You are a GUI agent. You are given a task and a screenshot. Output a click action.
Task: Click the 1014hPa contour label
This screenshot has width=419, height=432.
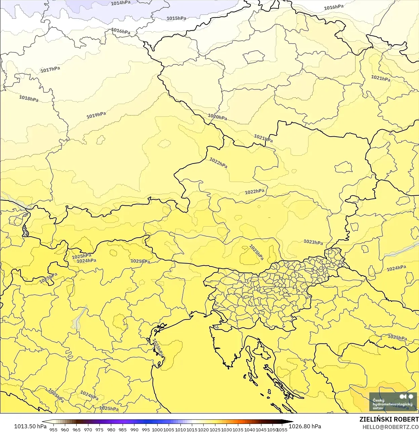(121, 3)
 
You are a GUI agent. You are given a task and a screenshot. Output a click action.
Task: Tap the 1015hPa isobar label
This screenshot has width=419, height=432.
(176, 18)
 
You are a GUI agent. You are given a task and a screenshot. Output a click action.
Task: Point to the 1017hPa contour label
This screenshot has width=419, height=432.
(50, 69)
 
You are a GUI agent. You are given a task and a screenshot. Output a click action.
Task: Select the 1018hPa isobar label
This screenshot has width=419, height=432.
(29, 99)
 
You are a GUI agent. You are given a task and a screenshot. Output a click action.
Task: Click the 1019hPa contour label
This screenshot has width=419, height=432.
(96, 115)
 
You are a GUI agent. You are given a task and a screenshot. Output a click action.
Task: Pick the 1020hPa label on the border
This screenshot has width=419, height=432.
(217, 117)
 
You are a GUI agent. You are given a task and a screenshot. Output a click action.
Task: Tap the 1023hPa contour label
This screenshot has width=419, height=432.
(313, 242)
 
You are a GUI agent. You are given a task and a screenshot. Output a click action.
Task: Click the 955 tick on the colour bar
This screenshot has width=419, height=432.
(53, 429)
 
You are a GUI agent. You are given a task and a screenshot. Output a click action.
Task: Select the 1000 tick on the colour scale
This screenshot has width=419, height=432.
(157, 429)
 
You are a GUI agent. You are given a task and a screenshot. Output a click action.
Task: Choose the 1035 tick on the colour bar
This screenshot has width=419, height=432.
(238, 429)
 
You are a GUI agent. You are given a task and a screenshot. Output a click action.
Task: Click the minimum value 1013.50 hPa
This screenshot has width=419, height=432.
(30, 426)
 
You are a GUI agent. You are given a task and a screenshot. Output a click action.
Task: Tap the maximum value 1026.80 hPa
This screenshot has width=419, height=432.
(305, 426)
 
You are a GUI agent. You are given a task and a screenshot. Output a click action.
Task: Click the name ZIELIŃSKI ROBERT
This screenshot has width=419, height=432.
(389, 419)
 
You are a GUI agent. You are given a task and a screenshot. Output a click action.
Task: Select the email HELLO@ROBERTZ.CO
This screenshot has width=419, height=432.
(390, 427)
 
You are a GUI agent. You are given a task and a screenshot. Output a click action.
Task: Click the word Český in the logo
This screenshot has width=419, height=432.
(378, 400)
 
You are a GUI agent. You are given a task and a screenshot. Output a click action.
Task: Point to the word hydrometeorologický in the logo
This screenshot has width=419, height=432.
(392, 404)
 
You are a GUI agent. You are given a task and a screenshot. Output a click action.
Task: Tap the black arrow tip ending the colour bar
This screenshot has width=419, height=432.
(290, 422)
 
